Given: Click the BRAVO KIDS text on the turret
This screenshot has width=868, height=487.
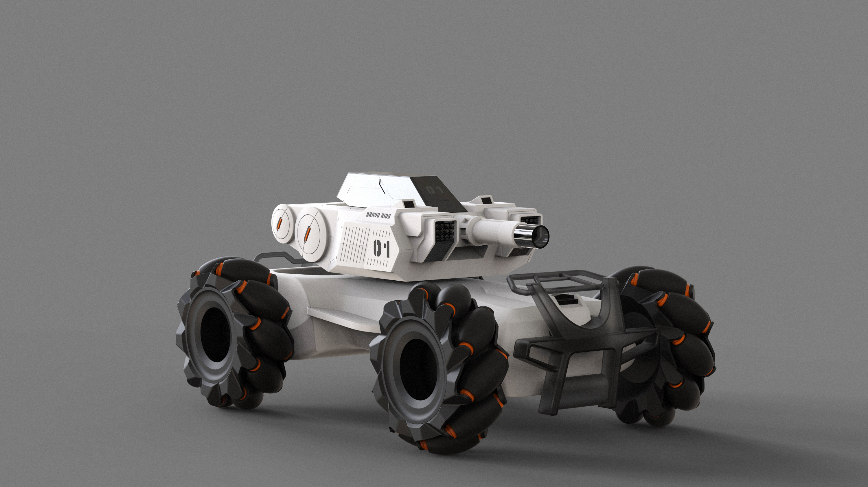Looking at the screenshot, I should tap(378, 215).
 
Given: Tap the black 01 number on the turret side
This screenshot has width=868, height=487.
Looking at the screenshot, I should tap(381, 249).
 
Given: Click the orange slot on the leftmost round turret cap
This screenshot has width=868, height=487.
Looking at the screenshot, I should tap(279, 223).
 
